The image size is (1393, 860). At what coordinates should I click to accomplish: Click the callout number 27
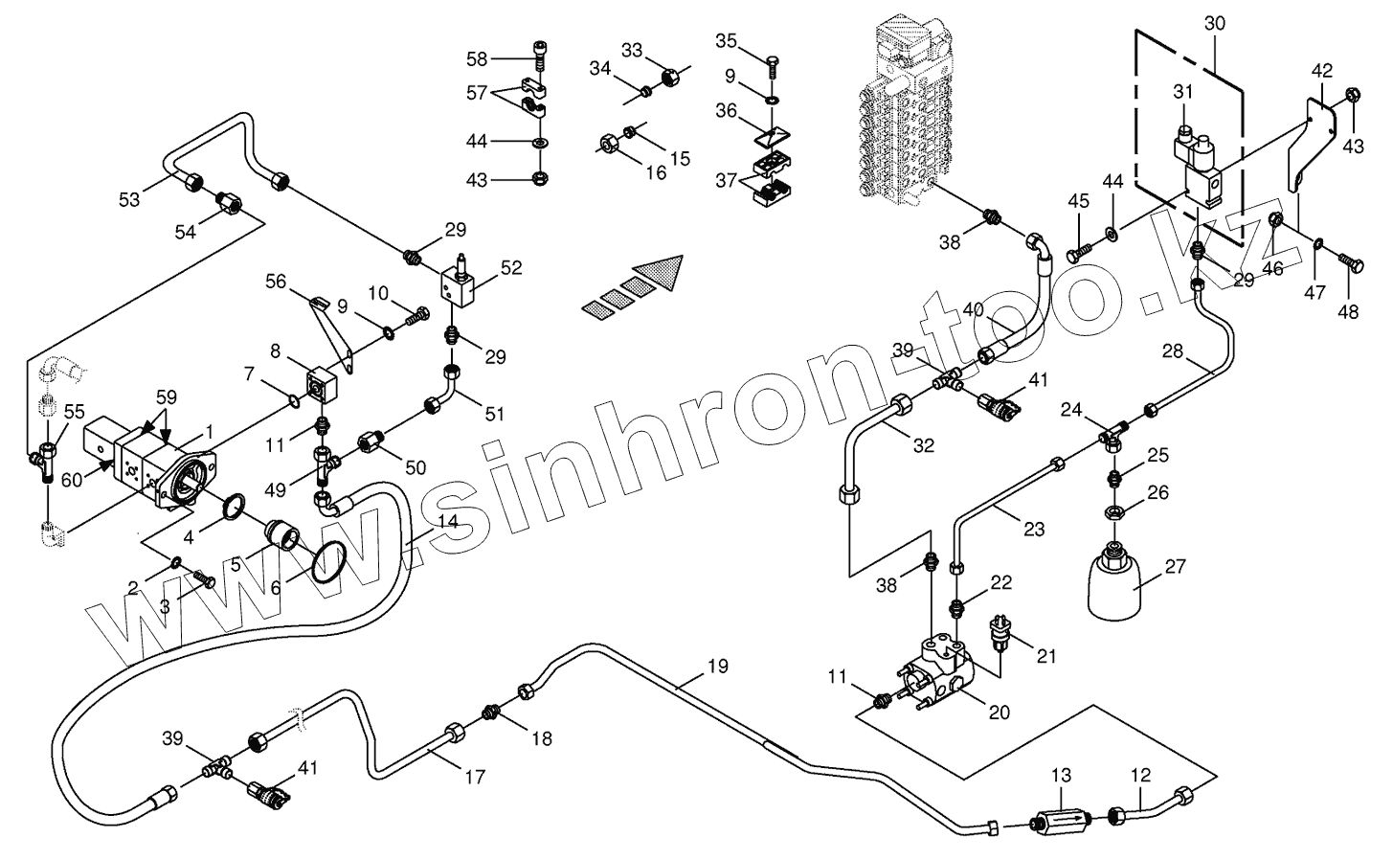pyautogui.click(x=1175, y=566)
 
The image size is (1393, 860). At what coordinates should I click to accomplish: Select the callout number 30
pyautogui.click(x=1214, y=23)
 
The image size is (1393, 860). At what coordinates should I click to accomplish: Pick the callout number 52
pyautogui.click(x=511, y=267)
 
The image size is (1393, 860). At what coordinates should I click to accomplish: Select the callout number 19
pyautogui.click(x=718, y=666)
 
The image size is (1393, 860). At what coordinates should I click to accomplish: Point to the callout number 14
pyautogui.click(x=447, y=522)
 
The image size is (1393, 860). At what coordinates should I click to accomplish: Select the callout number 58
pyautogui.click(x=477, y=58)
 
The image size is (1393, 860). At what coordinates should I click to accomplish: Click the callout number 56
pyautogui.click(x=276, y=281)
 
